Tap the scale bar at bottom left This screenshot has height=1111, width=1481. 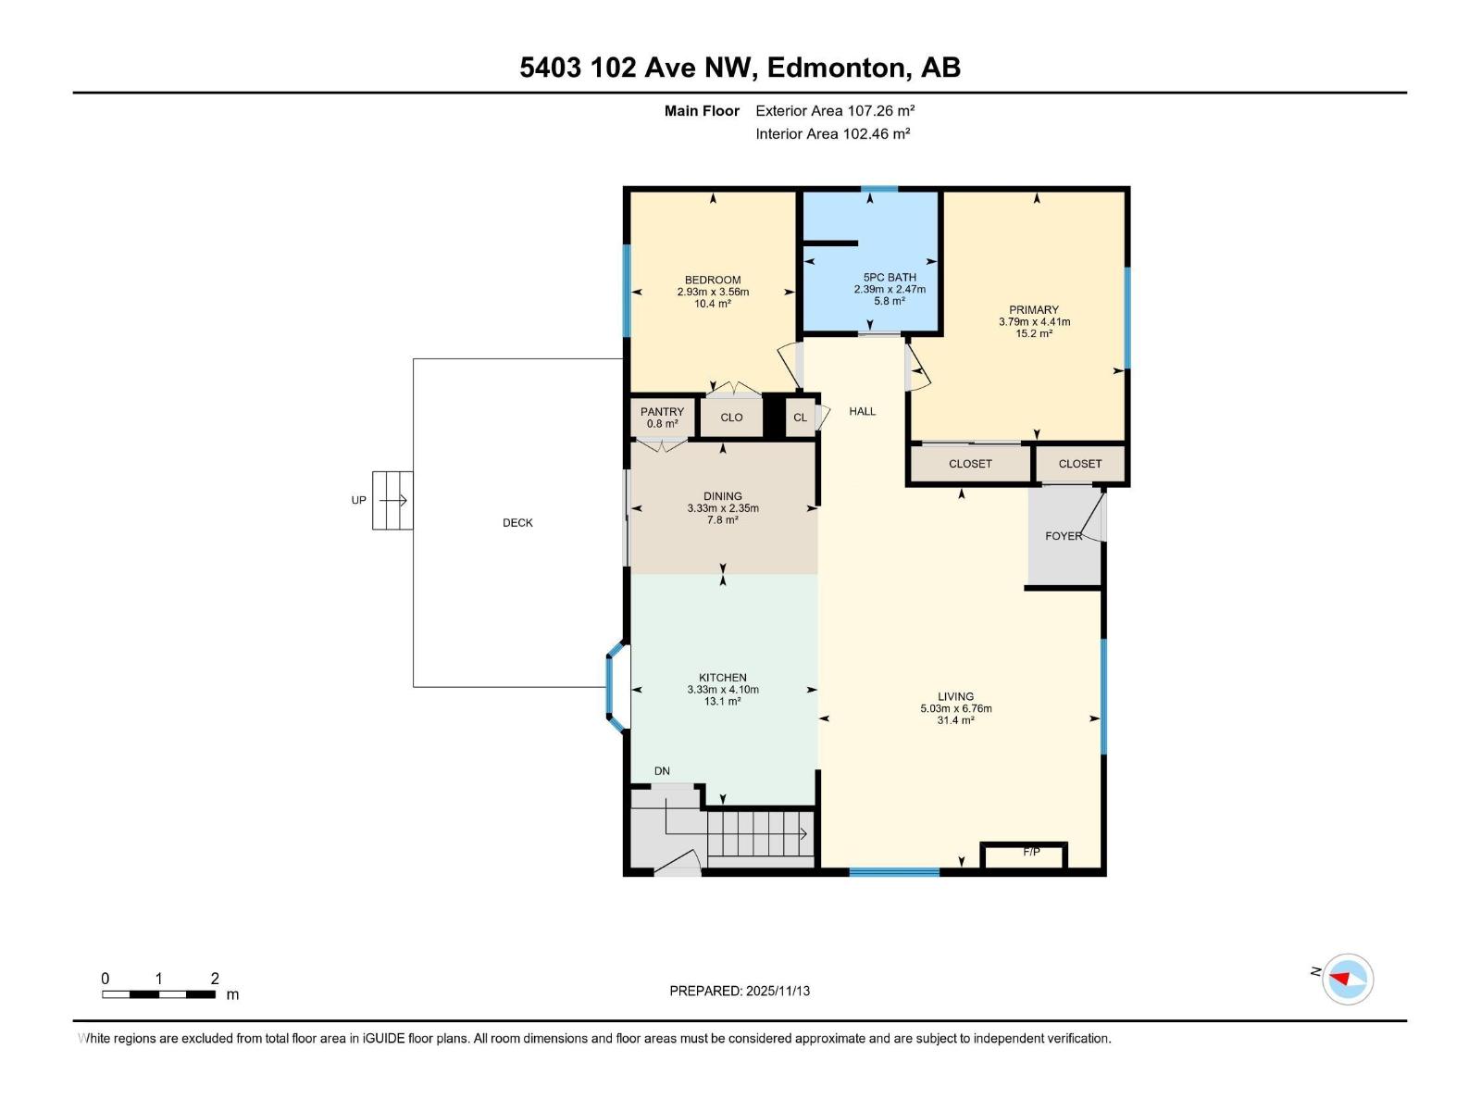tap(158, 994)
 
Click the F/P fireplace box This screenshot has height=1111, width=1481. tap(1025, 855)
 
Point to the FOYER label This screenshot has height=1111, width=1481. tap(1064, 536)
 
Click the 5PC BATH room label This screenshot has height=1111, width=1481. tap(889, 277)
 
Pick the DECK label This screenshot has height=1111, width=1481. tap(517, 523)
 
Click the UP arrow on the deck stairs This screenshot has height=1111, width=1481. tap(392, 501)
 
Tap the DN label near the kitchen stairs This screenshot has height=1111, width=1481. tap(662, 771)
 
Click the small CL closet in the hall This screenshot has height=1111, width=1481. tap(800, 418)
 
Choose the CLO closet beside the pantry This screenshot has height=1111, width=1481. tap(731, 418)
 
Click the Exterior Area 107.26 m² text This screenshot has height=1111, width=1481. tap(834, 110)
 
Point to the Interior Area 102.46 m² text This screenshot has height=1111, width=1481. tap(832, 133)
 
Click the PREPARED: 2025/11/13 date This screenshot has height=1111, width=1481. tap(740, 991)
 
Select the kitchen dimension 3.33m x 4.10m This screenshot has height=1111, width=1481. tap(723, 690)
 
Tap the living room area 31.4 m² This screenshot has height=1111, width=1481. tap(955, 720)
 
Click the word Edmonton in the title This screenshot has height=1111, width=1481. tap(835, 68)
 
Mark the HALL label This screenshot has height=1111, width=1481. tap(862, 411)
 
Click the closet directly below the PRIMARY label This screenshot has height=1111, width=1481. tap(970, 464)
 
